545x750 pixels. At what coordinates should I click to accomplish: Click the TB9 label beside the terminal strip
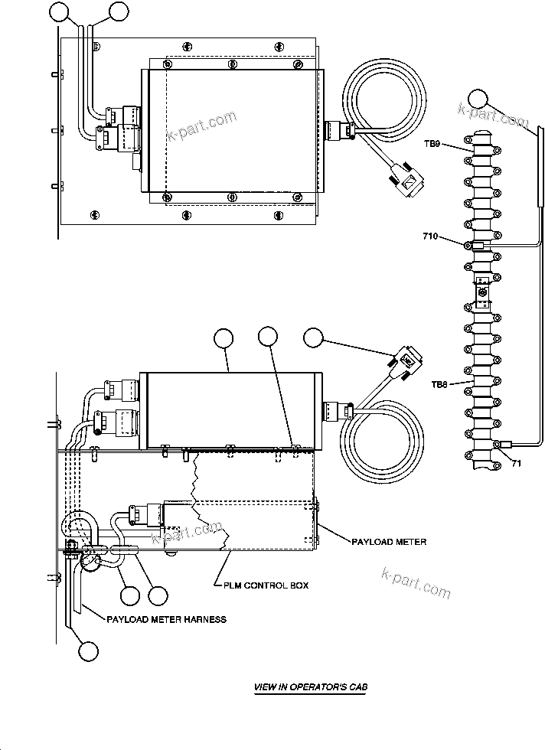click(x=432, y=143)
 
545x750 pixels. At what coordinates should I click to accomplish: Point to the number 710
click(x=430, y=238)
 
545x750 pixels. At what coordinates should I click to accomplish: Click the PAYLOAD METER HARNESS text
click(x=168, y=619)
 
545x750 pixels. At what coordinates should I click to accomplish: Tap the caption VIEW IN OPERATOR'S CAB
click(x=310, y=687)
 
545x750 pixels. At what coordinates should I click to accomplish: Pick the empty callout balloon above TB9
click(x=478, y=100)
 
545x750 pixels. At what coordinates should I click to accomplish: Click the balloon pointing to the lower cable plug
click(x=315, y=337)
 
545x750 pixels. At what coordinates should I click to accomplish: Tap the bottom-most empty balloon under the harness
click(x=89, y=651)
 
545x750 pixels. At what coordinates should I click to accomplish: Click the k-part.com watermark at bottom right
click(x=416, y=582)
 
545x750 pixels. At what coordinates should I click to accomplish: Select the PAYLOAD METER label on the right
click(x=389, y=542)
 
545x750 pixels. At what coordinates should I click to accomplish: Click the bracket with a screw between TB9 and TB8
click(x=481, y=290)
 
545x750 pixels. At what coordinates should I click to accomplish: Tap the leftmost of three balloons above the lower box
click(x=224, y=337)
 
